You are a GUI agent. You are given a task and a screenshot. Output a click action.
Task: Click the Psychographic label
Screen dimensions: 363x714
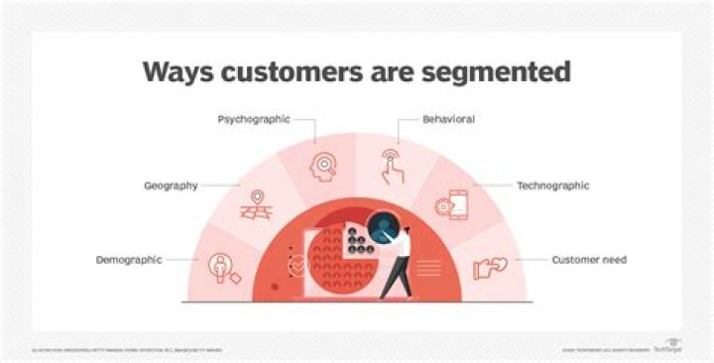coord(253,119)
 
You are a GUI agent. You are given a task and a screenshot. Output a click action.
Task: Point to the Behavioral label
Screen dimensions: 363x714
coord(447,119)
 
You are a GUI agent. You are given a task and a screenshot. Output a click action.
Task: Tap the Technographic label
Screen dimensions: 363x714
coord(552,185)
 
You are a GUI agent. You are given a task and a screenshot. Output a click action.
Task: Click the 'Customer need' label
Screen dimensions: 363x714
coord(589,260)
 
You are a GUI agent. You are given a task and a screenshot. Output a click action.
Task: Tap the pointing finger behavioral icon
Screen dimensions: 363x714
coord(393,164)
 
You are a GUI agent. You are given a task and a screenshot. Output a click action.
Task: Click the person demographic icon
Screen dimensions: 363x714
coord(220,266)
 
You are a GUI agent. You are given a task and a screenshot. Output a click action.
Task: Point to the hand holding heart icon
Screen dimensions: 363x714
coord(491,266)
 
